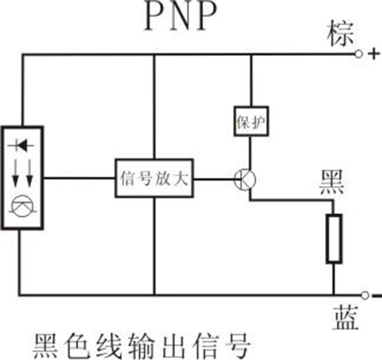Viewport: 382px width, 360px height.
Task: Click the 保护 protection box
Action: click(250, 120)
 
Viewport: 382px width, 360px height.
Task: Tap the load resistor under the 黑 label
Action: click(333, 238)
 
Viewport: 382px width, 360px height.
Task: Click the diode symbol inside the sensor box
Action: click(22, 145)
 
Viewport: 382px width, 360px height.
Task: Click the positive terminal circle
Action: click(359, 54)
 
